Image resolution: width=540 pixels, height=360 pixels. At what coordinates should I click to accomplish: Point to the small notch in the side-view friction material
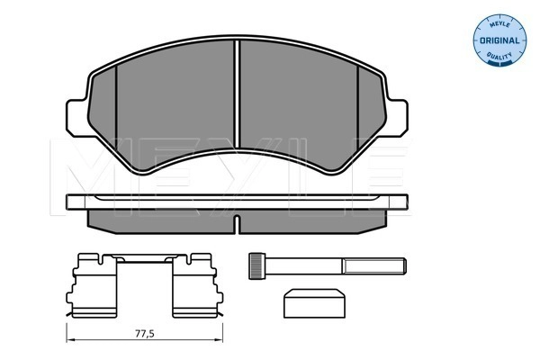click(x=236, y=221)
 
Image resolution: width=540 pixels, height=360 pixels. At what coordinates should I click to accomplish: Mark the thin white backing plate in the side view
click(x=236, y=204)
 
